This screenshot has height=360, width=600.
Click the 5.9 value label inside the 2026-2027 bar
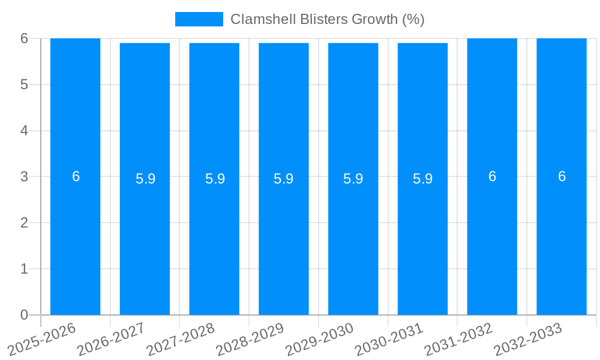[145, 179]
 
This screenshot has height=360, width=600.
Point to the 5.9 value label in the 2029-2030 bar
[353, 179]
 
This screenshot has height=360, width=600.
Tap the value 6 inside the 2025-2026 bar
[76, 176]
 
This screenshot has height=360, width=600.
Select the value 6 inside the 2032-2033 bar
[562, 176]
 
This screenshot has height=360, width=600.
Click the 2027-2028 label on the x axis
[181, 340]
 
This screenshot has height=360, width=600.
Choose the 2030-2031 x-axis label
[389, 340]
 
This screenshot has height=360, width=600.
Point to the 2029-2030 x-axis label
[320, 340]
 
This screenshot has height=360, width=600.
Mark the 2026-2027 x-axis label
[112, 340]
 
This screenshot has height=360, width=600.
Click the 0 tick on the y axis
[24, 315]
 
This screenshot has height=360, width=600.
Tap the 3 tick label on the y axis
[24, 176]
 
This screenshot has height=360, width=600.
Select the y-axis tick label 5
[24, 85]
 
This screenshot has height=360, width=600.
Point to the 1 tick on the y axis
[24, 269]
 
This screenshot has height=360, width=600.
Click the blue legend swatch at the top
[199, 19]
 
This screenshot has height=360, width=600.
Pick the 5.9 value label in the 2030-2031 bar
[422, 179]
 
